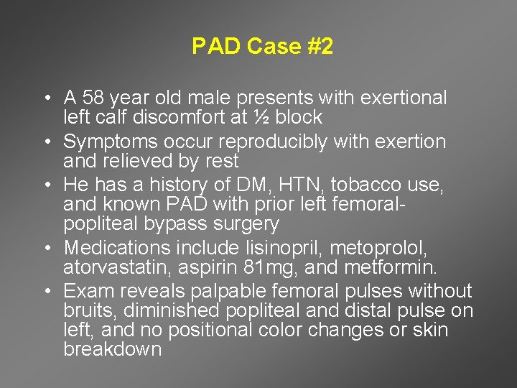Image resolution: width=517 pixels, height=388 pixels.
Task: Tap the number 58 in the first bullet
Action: [93, 98]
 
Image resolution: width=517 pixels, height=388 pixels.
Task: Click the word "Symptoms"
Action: [107, 142]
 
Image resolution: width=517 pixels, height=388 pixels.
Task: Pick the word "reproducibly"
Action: [263, 142]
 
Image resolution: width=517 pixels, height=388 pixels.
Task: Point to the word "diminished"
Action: [174, 311]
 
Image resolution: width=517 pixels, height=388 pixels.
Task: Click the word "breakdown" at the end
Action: [113, 350]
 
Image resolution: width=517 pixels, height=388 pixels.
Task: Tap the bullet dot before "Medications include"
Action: [45, 249]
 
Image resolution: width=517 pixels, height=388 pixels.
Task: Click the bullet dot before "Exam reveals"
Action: [45, 292]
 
